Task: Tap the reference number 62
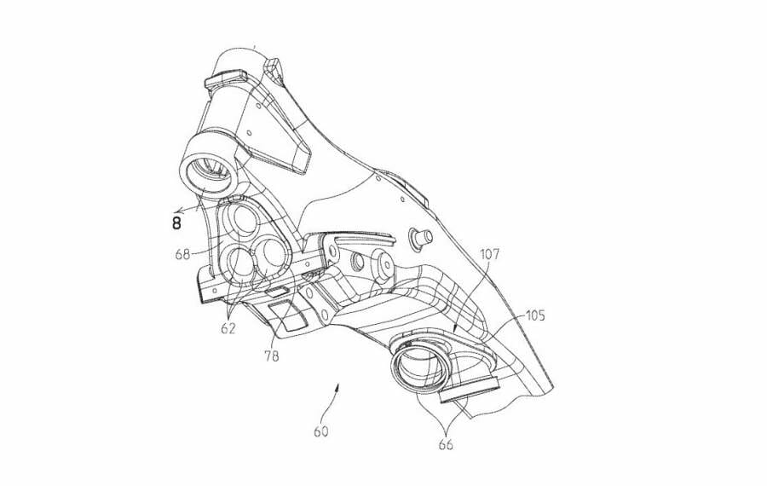click(x=228, y=327)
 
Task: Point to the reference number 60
click(x=320, y=431)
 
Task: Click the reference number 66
click(x=447, y=444)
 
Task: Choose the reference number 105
click(x=534, y=315)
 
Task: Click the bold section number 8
click(x=176, y=223)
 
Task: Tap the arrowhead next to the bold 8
click(x=172, y=210)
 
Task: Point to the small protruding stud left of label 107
click(x=420, y=236)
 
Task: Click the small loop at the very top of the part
click(x=274, y=64)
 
